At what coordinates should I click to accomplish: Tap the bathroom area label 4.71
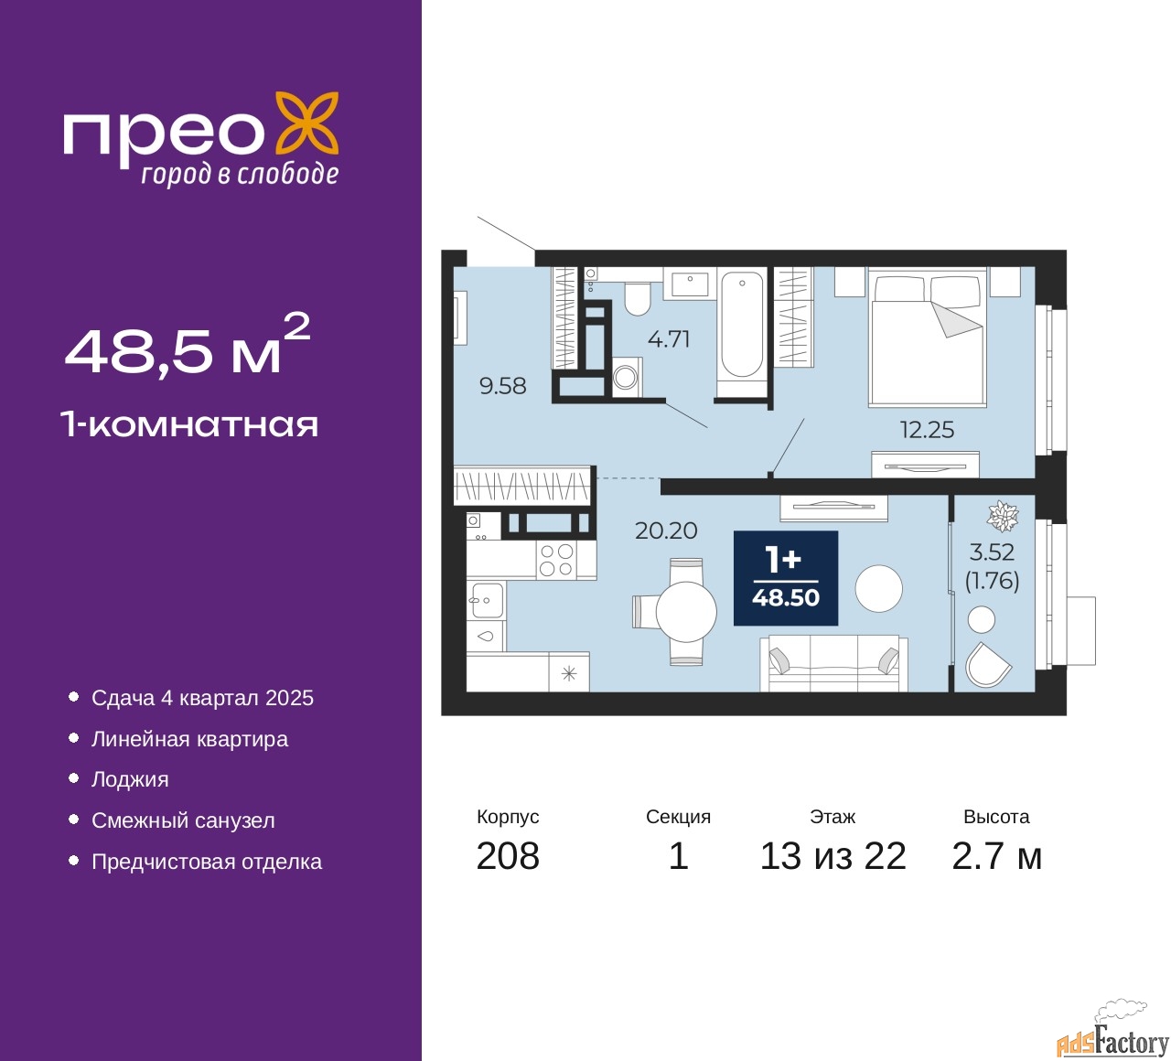click(x=669, y=339)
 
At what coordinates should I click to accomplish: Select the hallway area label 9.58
click(x=502, y=386)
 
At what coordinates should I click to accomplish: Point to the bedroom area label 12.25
click(x=927, y=430)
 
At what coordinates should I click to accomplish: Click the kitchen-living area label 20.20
click(x=666, y=530)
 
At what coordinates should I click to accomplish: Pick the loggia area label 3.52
click(x=993, y=552)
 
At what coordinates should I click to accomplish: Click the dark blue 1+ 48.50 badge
click(x=786, y=578)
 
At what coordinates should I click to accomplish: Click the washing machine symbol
click(x=627, y=377)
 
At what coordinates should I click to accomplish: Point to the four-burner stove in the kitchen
click(x=556, y=560)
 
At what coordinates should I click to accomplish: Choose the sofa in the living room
click(x=833, y=663)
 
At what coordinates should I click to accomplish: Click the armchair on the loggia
click(x=988, y=665)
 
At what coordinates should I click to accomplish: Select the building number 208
click(x=508, y=856)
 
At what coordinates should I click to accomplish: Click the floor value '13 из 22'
click(x=833, y=856)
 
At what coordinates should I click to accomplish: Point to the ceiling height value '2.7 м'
click(x=996, y=856)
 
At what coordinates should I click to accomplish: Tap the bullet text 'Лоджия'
click(x=130, y=779)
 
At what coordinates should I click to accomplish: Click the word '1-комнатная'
click(x=190, y=425)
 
